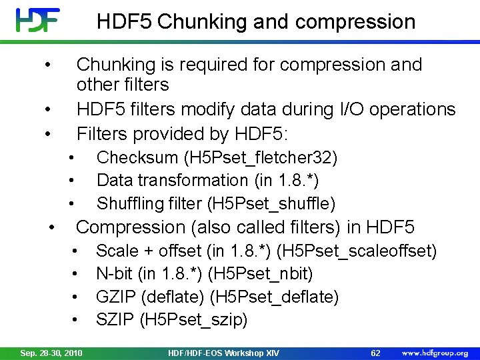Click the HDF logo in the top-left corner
(38, 20)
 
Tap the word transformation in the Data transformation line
(187, 180)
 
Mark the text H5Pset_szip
(193, 320)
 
